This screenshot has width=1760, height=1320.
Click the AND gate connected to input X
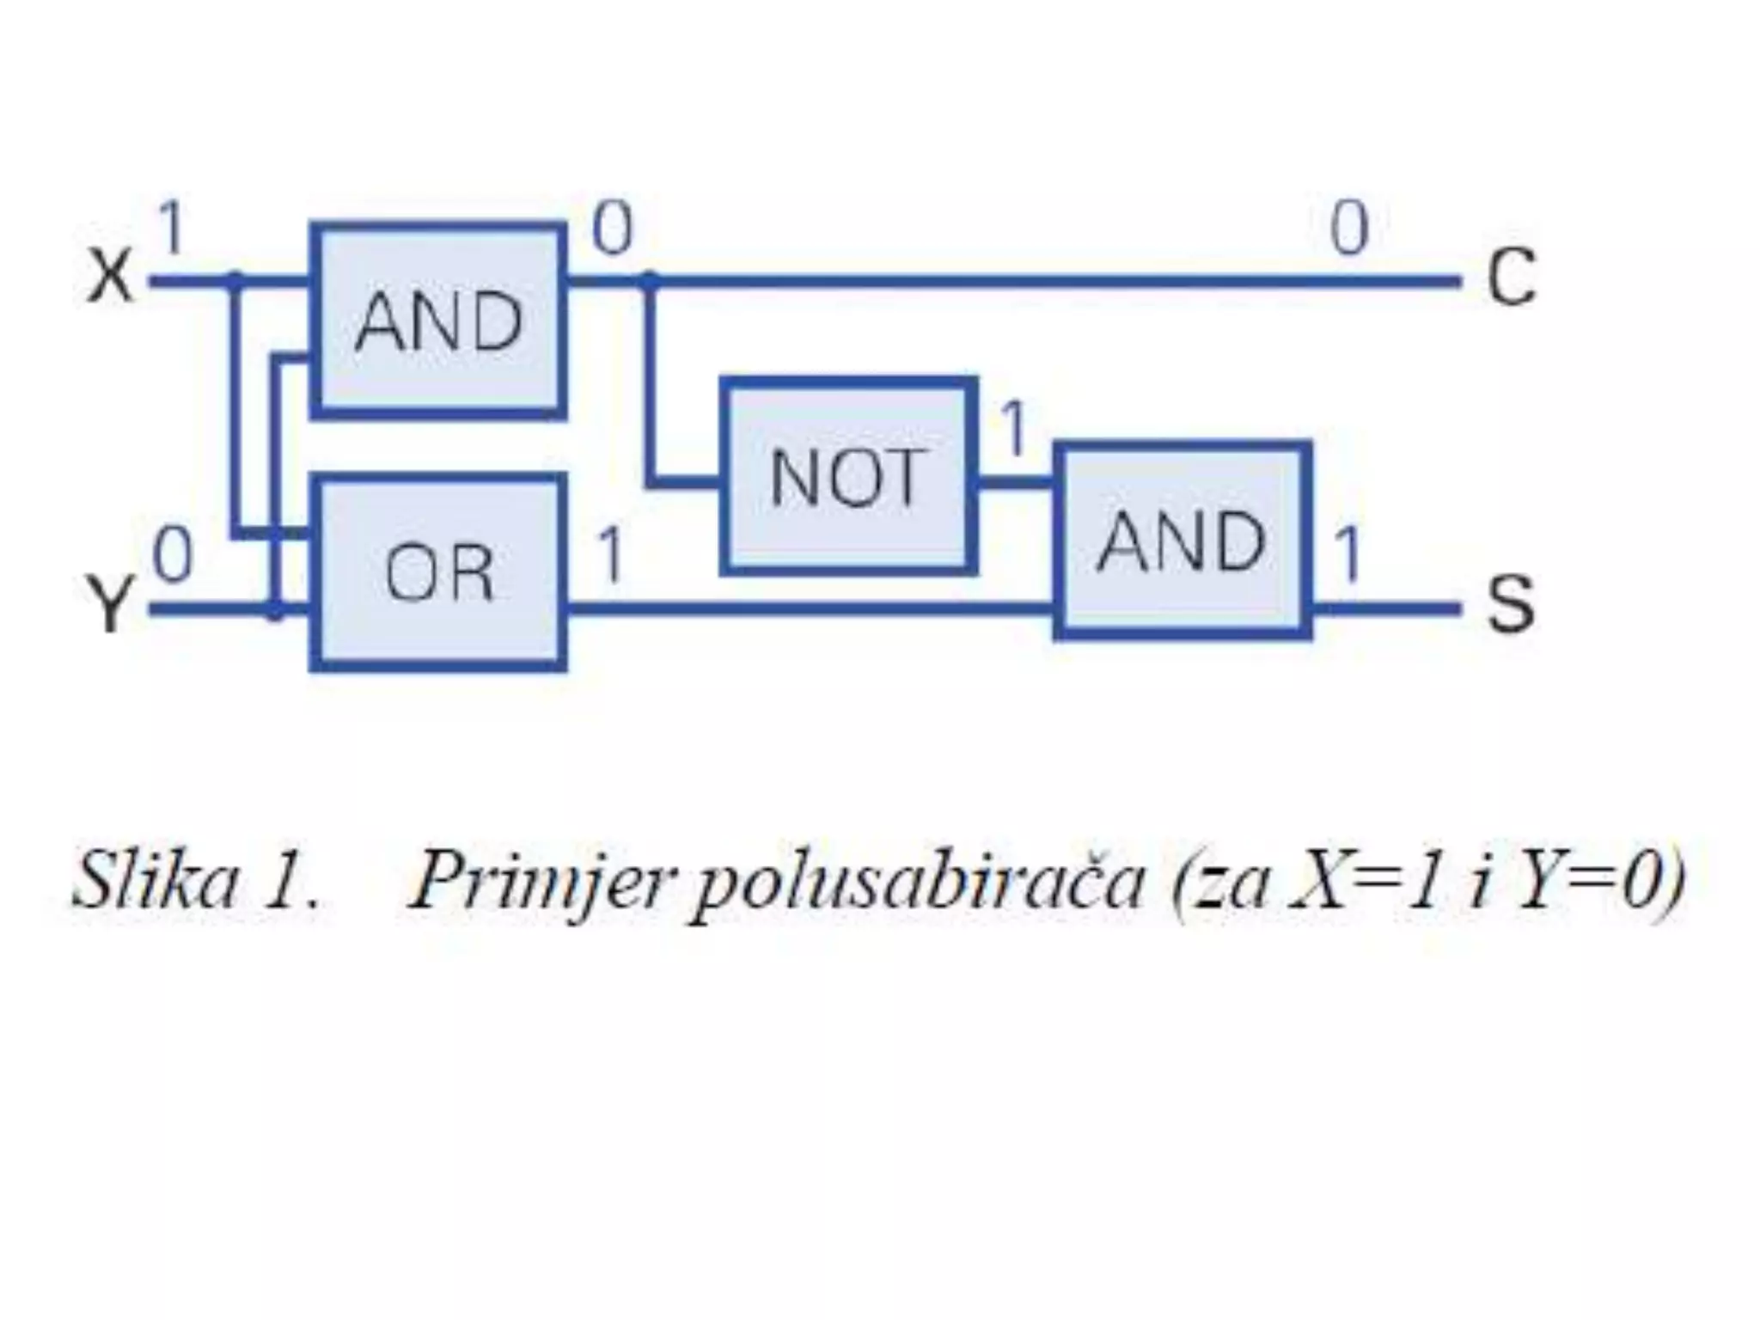(x=438, y=321)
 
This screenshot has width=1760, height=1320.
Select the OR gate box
(x=438, y=572)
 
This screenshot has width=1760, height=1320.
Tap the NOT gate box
(x=848, y=476)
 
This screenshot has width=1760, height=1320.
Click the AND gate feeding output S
(x=1182, y=541)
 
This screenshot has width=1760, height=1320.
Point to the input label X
(x=111, y=277)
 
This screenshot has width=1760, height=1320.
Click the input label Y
(x=111, y=604)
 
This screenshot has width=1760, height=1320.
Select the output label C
(x=1511, y=278)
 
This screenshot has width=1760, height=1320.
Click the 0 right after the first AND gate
(x=613, y=229)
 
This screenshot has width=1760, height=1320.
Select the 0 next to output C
(x=1348, y=229)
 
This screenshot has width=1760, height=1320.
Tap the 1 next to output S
(x=1348, y=555)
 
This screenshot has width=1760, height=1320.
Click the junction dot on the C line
(x=650, y=279)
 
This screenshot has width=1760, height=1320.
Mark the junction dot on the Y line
(x=275, y=611)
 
